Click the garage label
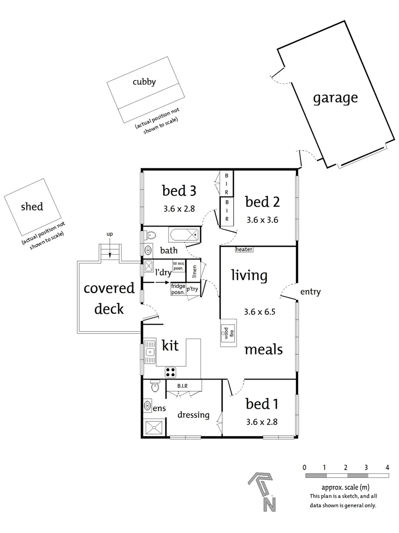pos(335,98)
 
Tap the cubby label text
pos(144,82)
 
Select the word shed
pos(32,206)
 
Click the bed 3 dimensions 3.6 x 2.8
pos(179,208)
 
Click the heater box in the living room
pos(244,250)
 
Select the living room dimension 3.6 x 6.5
pos(260,312)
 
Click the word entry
pos(310,292)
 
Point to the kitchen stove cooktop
pos(171,372)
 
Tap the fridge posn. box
pos(178,289)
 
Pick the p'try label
pos(192,290)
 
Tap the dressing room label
pos(194,415)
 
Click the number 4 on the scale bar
pos(388,467)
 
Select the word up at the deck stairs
pos(110,233)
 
